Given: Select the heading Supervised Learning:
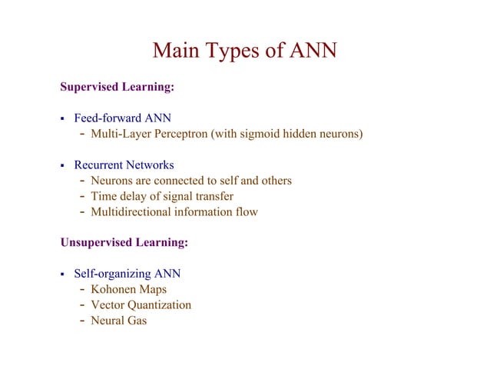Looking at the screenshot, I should pos(118,88).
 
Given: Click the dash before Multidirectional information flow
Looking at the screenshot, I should pos(82,211).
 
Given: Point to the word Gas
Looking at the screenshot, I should pos(137,320).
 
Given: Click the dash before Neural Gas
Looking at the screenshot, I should pos(82,320).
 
